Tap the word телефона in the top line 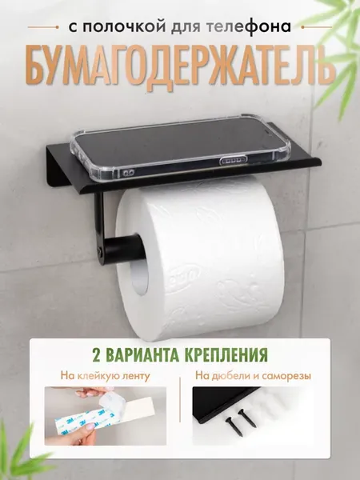[248, 27]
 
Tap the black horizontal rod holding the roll [124, 247]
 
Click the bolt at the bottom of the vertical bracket [100, 252]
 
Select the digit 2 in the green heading [97, 354]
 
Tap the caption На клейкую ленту [106, 376]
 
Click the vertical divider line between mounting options [180, 400]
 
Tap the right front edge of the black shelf [321, 163]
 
